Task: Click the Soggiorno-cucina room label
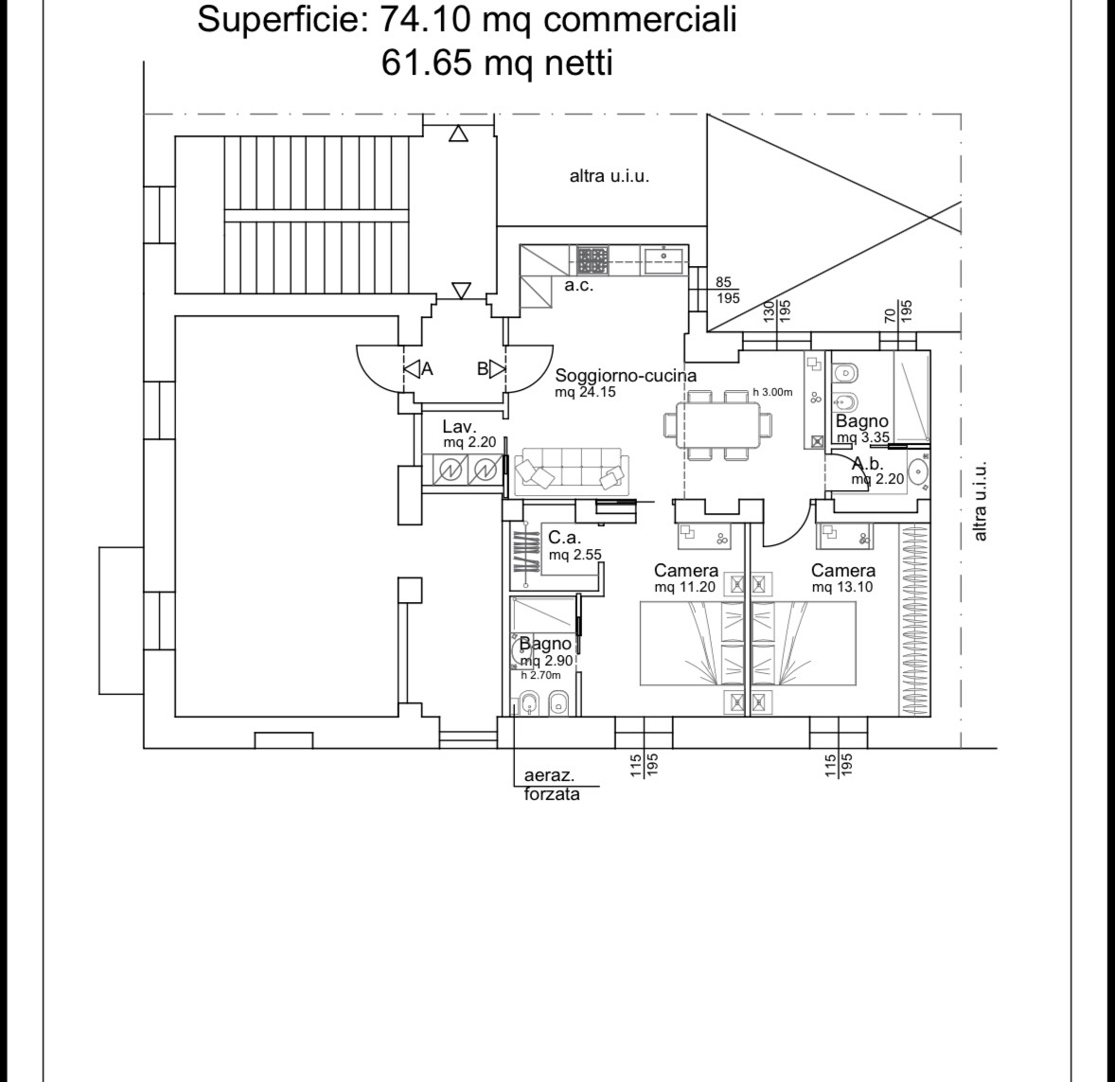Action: pos(626,376)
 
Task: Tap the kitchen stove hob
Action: pos(593,260)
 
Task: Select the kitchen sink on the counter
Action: pos(664,260)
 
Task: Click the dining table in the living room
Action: pos(717,425)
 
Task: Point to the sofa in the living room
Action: pos(572,471)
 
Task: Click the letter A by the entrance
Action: pos(427,369)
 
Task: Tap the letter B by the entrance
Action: pos(482,369)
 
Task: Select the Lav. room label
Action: pos(459,427)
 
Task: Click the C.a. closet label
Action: pos(565,538)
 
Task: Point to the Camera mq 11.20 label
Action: pos(686,578)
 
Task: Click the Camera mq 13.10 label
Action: pos(843,578)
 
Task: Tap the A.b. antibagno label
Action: pos(868,465)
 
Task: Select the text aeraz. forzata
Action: pos(552,785)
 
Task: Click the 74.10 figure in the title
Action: pos(425,19)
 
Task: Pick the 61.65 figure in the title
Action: pos(427,62)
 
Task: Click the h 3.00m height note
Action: pos(772,392)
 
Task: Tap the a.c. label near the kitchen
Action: pos(579,286)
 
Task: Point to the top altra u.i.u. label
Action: pos(610,176)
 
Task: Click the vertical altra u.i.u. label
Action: pos(980,501)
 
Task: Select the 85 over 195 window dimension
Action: pos(726,291)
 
